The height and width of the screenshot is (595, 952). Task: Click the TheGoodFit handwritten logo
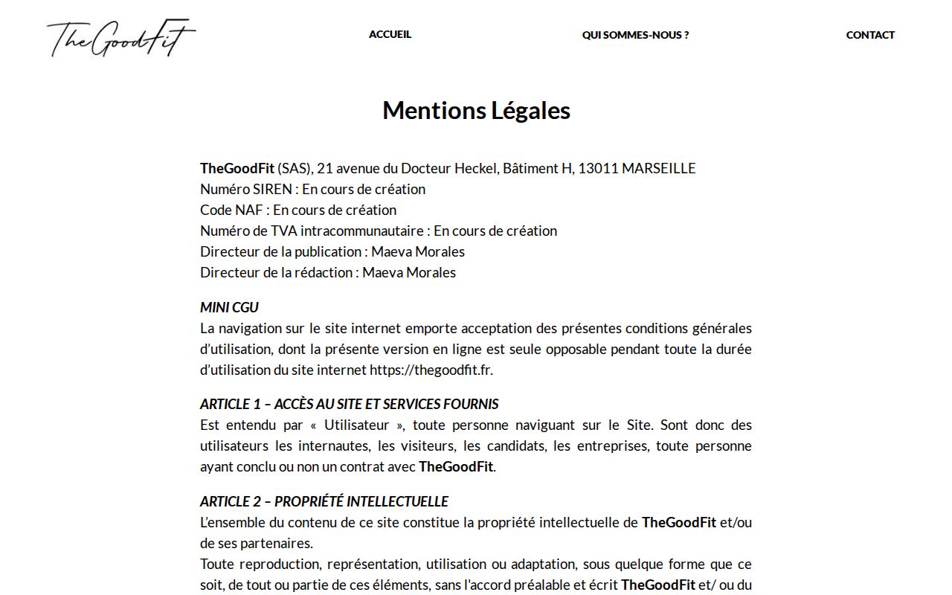[x=121, y=38]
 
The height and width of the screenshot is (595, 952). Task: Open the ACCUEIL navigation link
[x=390, y=34]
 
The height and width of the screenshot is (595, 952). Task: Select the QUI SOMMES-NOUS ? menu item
[x=635, y=35]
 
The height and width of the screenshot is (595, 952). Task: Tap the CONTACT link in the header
[x=870, y=35]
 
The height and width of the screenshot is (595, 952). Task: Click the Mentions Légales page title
[x=476, y=111]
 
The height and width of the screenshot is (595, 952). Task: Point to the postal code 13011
[x=598, y=169]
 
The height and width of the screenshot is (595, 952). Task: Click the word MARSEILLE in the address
[x=658, y=169]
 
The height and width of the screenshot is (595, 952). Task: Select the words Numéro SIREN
[x=245, y=190]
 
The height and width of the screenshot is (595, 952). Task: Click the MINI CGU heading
[x=229, y=308]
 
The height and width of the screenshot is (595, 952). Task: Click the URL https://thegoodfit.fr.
[x=431, y=370]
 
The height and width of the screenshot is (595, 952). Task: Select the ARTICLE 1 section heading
[x=349, y=405]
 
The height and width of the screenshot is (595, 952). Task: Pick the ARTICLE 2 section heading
[x=324, y=502]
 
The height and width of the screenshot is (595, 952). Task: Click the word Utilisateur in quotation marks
[x=356, y=425]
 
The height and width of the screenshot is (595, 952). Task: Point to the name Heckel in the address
[x=476, y=169]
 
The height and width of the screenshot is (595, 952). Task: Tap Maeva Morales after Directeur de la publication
[x=418, y=252]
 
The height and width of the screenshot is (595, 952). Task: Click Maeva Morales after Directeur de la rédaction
[x=409, y=273]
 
